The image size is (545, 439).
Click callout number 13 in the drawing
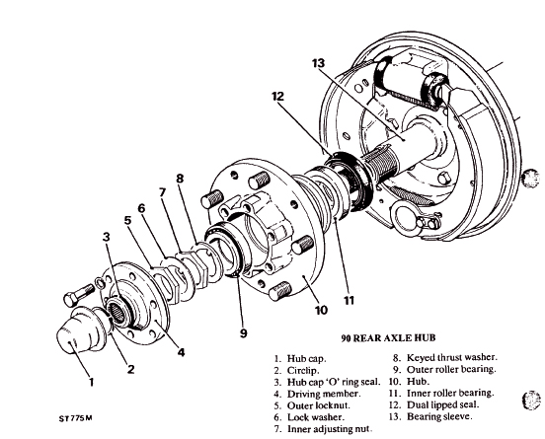318,63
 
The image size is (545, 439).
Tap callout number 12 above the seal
278,97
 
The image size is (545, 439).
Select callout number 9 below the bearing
243,333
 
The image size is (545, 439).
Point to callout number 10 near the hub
321,310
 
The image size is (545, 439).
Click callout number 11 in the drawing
349,300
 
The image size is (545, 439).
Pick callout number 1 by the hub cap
91,382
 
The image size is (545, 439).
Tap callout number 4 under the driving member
181,352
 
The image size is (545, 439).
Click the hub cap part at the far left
78,329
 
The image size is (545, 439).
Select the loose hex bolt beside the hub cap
79,295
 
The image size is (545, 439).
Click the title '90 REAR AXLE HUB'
388,338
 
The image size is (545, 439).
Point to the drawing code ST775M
75,418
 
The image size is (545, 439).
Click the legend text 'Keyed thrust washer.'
452,357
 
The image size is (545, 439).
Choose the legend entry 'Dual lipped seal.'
442,404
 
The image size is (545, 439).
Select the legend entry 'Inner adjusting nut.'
330,429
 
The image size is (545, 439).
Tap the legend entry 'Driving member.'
324,394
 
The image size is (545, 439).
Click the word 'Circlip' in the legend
302,371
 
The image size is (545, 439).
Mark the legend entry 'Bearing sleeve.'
439,416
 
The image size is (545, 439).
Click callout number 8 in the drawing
180,179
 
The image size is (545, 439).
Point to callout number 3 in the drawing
106,237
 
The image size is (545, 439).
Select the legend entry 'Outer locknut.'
318,405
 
